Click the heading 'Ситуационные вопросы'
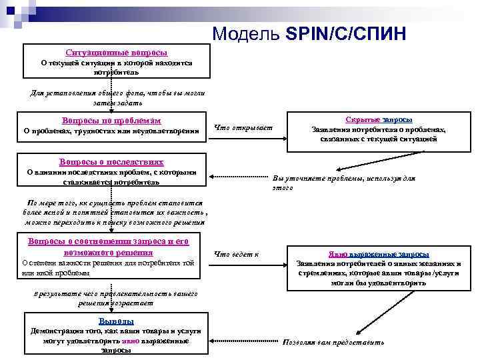point(117,52)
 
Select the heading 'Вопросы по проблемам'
point(111,121)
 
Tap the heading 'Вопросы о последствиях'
point(111,162)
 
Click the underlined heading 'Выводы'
point(111,321)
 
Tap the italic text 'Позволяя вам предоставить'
point(333,343)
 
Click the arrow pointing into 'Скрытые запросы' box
point(283,139)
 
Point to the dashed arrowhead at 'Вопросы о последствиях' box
point(213,177)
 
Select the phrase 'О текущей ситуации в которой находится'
point(117,63)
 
